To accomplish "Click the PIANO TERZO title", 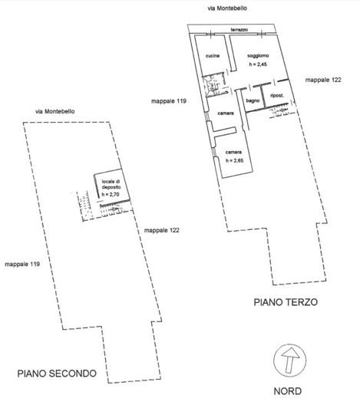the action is (x=286, y=302).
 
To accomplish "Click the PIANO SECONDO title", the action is (x=57, y=373).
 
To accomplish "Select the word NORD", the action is (x=288, y=391).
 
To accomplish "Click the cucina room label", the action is (x=213, y=56).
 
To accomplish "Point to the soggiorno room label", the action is (x=258, y=56).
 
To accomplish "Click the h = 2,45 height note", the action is (x=258, y=64).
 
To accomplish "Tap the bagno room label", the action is (x=253, y=100).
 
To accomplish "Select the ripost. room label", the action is (x=277, y=96).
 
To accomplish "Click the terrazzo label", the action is (x=239, y=30).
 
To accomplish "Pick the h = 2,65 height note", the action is (x=234, y=160).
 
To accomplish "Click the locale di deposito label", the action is (x=111, y=184).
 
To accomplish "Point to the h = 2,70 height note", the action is (x=111, y=194).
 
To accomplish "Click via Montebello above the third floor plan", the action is (x=227, y=8).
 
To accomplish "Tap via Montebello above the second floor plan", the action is (x=55, y=111).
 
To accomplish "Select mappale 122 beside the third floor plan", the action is (x=323, y=80).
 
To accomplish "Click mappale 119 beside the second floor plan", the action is (x=22, y=264).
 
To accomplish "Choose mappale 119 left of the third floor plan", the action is (x=169, y=101).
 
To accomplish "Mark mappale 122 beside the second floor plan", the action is (x=162, y=230).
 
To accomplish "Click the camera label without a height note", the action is (x=226, y=114).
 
